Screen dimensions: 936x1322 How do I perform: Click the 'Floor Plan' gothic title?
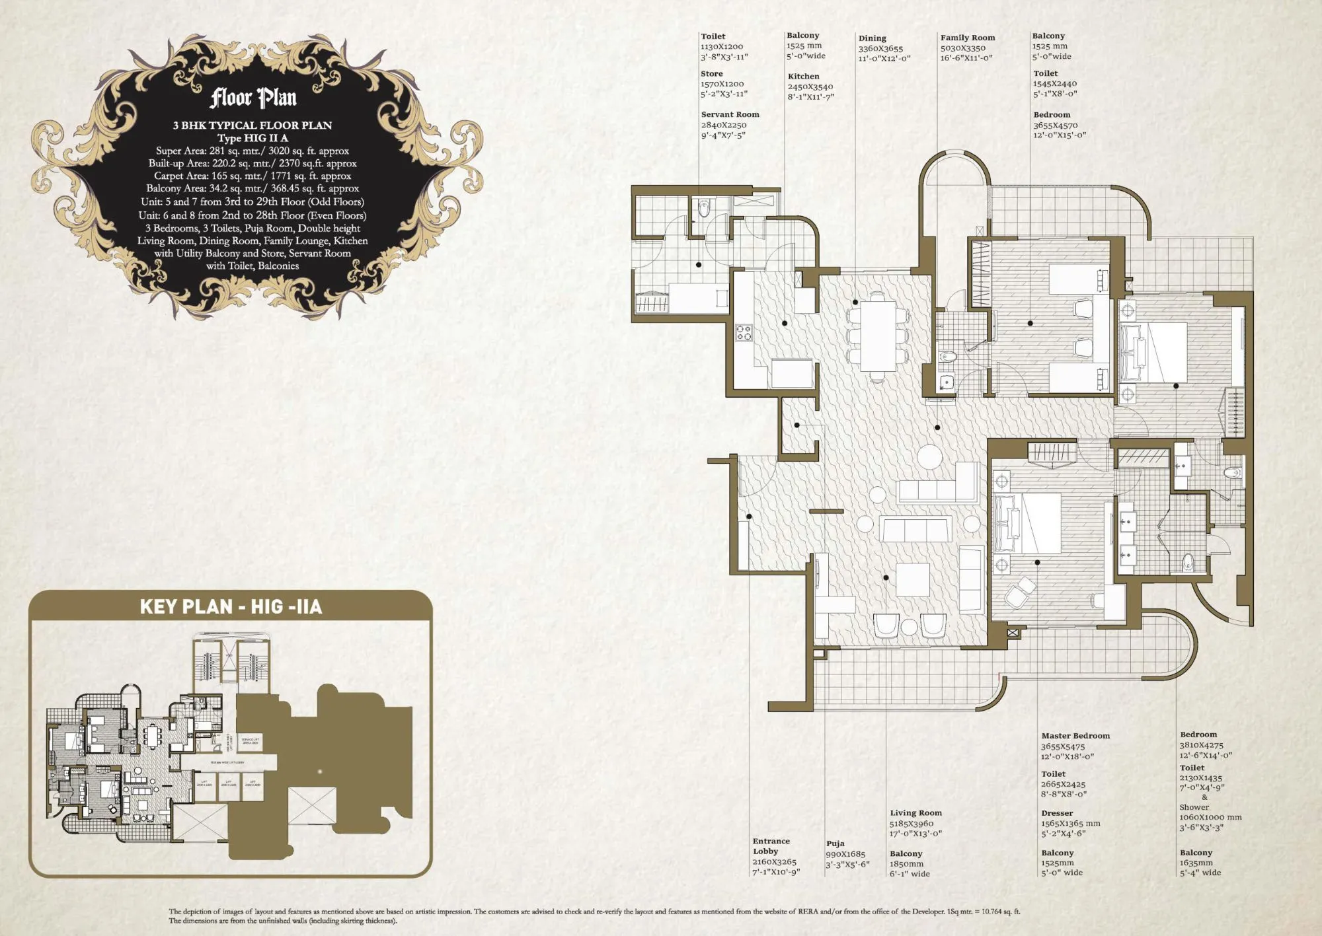point(253,98)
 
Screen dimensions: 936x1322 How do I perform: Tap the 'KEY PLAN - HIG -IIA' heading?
point(231,606)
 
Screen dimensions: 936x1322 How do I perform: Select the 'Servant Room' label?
point(730,114)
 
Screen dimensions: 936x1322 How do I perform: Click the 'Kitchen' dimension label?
point(803,77)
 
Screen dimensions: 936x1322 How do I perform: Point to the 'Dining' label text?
point(872,38)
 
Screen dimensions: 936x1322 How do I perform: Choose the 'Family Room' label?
point(967,38)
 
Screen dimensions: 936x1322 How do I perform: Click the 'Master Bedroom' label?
point(1075,736)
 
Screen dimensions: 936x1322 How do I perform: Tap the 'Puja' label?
point(835,844)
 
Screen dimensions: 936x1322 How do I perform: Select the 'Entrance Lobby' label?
point(771,846)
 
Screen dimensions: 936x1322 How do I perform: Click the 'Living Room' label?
point(915,813)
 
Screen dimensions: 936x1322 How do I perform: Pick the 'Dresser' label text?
point(1057,813)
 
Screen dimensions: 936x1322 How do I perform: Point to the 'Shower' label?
point(1194,807)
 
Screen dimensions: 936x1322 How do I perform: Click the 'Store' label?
point(711,74)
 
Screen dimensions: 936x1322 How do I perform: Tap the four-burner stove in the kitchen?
point(744,332)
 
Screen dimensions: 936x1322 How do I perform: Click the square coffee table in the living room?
point(913,579)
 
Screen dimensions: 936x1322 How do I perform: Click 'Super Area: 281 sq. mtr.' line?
point(252,151)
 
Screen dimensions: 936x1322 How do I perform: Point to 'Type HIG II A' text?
point(252,138)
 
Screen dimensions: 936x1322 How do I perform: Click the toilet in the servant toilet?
point(703,209)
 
